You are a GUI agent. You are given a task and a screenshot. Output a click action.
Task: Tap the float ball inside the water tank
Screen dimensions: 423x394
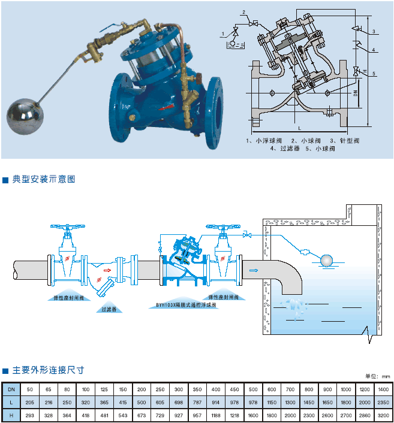pos(326,259)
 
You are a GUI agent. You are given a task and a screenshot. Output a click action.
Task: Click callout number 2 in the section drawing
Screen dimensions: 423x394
pos(244,12)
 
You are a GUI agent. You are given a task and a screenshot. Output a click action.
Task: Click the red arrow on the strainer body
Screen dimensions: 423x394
pos(107,270)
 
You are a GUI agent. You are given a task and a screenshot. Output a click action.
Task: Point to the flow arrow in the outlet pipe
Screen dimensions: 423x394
pos(253,270)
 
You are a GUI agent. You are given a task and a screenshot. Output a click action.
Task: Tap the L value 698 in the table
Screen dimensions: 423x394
pos(179,402)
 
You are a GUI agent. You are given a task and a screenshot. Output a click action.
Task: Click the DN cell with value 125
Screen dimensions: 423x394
pos(104,389)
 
